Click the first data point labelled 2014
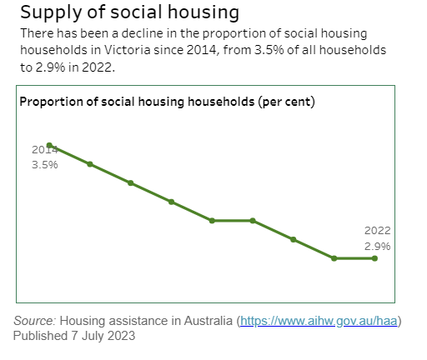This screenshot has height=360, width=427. click(50, 145)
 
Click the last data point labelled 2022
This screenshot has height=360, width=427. click(374, 258)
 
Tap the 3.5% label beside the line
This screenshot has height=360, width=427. click(44, 165)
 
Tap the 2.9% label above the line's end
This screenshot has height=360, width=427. click(377, 246)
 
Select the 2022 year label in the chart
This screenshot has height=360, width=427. click(377, 230)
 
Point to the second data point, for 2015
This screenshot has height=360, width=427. click(90, 164)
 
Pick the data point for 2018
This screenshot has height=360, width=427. click(212, 221)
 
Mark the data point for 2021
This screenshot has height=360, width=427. click(334, 258)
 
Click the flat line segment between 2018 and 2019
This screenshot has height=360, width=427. click(232, 221)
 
